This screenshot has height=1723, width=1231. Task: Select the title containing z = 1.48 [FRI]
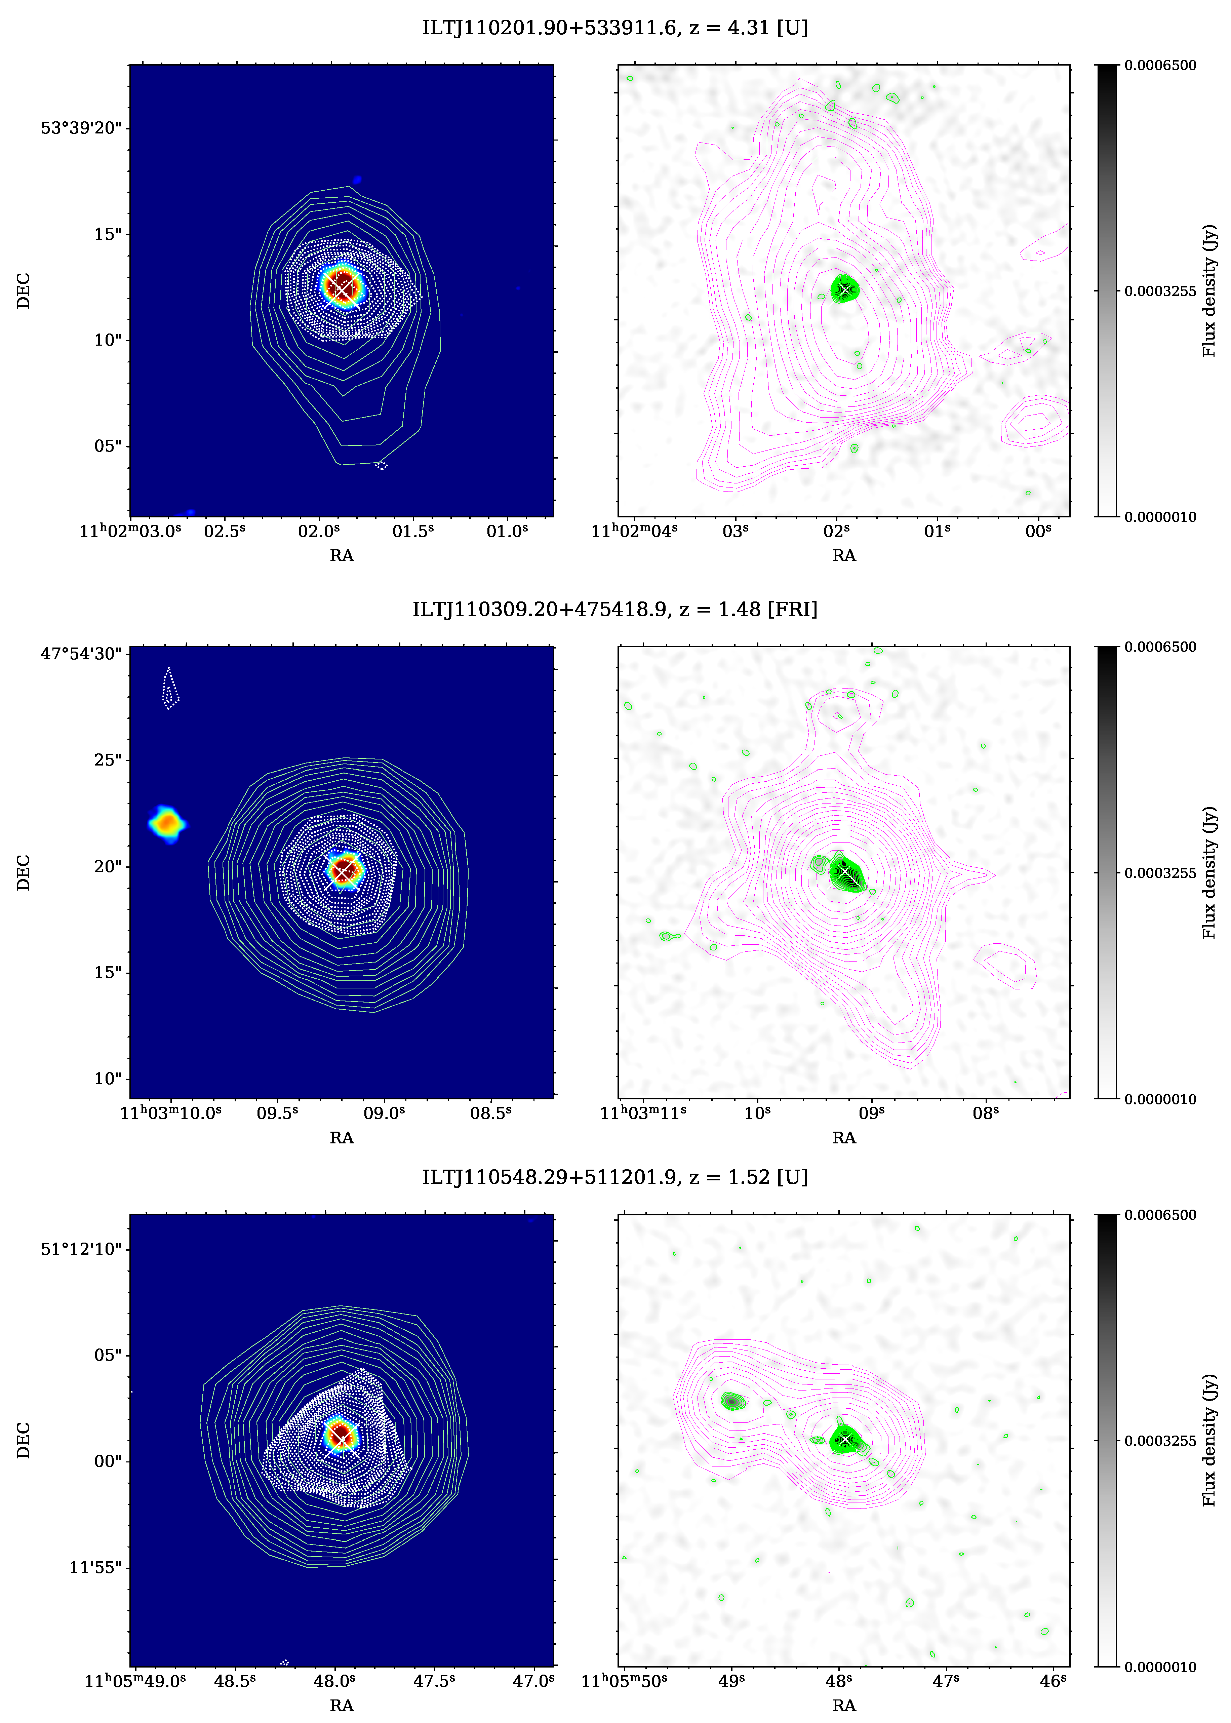(615, 610)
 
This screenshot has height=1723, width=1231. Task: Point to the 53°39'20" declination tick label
(81, 128)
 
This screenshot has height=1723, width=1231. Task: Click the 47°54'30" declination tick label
(81, 654)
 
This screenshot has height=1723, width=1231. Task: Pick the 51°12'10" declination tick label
(81, 1249)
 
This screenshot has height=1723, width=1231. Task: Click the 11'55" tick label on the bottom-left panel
(95, 1567)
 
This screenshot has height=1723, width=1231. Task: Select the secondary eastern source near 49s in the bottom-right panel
(731, 1402)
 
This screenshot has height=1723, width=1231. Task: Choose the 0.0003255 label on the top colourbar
(1160, 291)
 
